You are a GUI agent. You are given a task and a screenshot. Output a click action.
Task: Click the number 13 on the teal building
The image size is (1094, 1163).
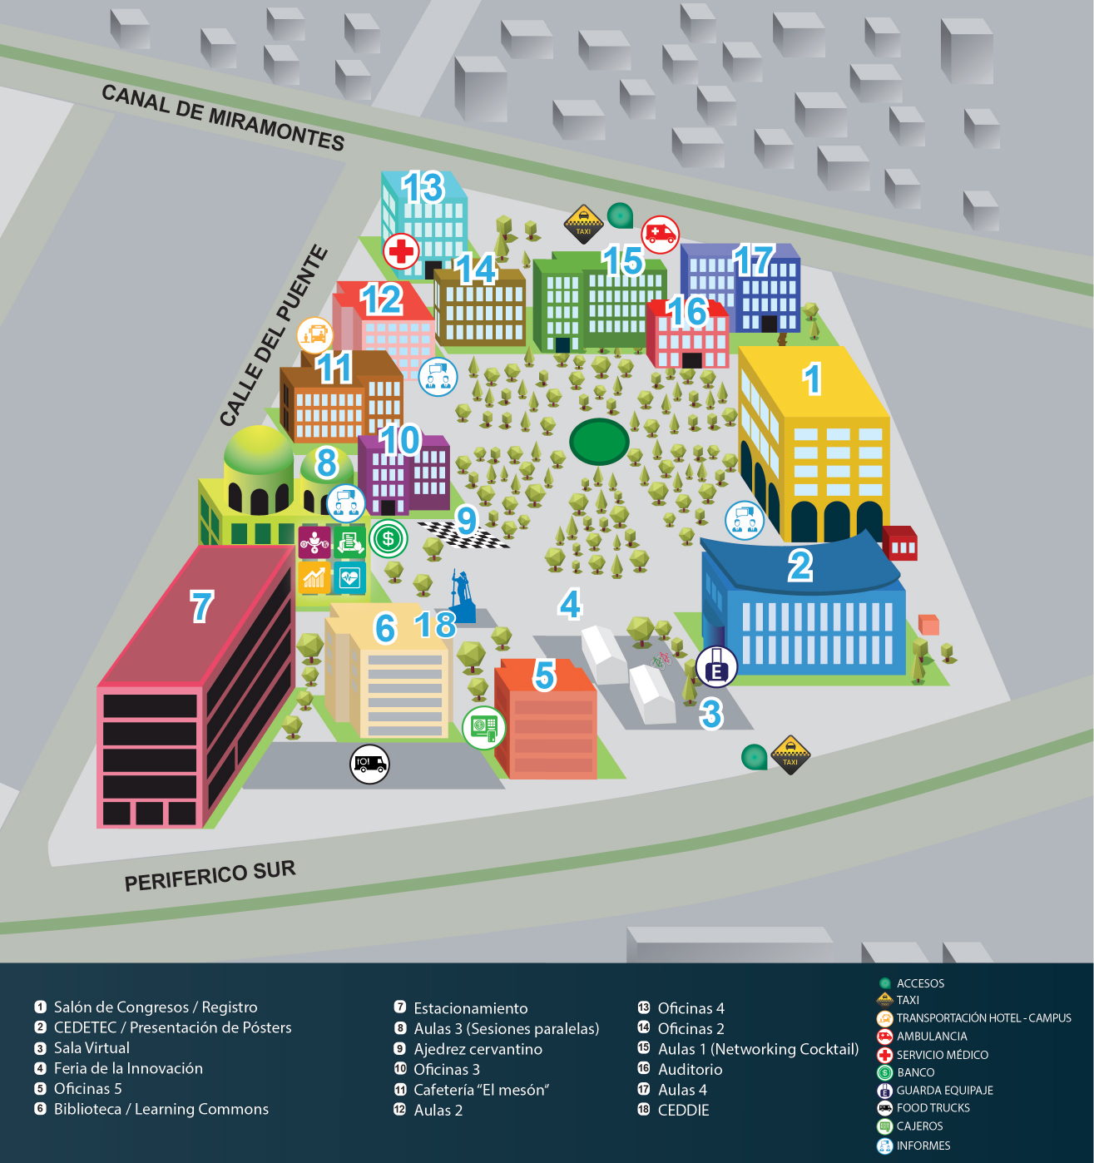click(x=423, y=188)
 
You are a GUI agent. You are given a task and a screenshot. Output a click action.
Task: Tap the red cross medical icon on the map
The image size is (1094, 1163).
click(x=401, y=250)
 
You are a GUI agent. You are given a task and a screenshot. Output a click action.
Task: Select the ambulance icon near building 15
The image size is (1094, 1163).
click(x=660, y=234)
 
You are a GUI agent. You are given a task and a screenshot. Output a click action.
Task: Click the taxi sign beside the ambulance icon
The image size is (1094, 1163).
click(x=584, y=223)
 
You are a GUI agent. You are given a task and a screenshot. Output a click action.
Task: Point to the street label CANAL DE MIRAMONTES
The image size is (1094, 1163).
click(x=223, y=117)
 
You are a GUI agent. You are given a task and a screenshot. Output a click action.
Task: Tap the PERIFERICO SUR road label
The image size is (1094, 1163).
click(x=210, y=876)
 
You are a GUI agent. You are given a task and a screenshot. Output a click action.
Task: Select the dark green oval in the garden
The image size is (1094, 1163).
click(x=599, y=441)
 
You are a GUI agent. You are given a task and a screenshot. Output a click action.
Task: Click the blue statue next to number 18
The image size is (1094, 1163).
click(x=462, y=596)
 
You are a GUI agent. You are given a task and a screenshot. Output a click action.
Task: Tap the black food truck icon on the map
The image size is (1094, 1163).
click(x=369, y=763)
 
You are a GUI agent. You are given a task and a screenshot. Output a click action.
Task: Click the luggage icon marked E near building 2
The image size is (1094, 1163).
click(x=716, y=666)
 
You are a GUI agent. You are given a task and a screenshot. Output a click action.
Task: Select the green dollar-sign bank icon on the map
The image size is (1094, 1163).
click(x=389, y=539)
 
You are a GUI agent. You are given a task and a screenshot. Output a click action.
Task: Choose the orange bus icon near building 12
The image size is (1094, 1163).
click(x=315, y=335)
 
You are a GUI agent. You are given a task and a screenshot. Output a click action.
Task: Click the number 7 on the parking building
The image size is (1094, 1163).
click(x=202, y=606)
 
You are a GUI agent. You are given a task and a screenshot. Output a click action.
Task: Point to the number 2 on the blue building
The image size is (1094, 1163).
click(x=799, y=567)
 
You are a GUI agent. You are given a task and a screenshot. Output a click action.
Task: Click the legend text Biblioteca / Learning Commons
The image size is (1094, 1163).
click(x=161, y=1109)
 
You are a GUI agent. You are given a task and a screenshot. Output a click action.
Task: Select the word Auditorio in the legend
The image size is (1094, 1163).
click(x=690, y=1069)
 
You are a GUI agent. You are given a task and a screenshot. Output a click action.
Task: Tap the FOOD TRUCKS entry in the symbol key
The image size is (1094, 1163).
click(x=933, y=1108)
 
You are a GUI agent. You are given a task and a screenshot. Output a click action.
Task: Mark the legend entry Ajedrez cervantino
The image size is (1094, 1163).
click(x=478, y=1049)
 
